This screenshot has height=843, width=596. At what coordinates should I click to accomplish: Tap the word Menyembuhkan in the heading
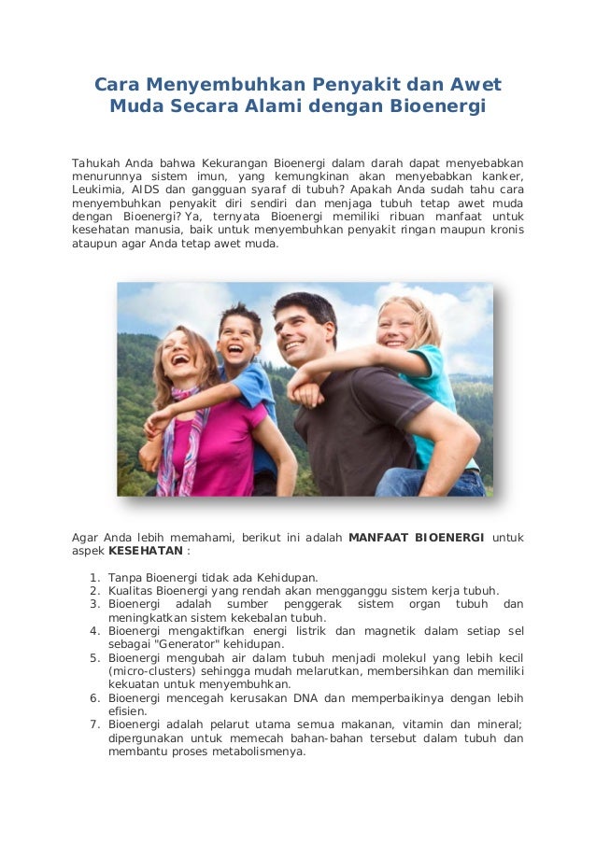[x=220, y=86]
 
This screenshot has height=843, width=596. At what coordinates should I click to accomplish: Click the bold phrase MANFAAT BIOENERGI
[x=415, y=537]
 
